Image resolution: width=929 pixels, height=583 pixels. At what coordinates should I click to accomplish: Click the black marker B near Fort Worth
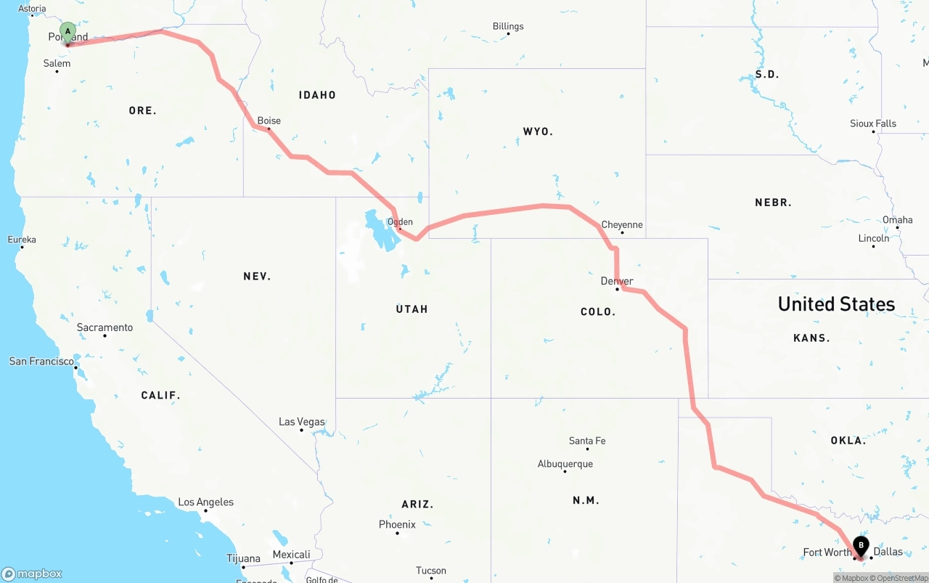point(861,545)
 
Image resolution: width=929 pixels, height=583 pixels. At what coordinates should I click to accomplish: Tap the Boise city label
point(269,121)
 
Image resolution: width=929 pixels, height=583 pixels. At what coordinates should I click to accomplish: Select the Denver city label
point(617,281)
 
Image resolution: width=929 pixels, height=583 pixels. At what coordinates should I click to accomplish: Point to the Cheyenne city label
point(622,224)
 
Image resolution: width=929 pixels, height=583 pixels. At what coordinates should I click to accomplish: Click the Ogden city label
point(400,222)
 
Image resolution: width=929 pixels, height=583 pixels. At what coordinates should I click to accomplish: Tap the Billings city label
point(508,26)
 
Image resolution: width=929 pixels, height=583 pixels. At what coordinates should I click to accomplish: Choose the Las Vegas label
point(302,422)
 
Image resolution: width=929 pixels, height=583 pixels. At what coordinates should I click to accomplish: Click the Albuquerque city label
point(565,464)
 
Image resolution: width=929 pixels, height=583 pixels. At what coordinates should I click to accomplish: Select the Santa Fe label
point(587,441)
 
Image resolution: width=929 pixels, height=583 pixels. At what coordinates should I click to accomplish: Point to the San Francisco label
point(41,361)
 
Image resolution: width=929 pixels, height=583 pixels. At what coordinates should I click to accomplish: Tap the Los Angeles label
point(206,502)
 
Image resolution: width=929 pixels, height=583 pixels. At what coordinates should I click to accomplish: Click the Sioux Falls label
point(873,123)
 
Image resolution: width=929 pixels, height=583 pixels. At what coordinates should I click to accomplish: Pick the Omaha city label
point(897,220)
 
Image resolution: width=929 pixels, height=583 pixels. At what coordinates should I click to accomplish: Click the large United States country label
point(836,303)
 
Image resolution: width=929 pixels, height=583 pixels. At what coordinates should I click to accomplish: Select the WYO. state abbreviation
point(538,131)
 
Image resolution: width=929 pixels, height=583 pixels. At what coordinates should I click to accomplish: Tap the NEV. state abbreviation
point(257,276)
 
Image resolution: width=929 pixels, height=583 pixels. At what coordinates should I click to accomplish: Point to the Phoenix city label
point(397,524)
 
